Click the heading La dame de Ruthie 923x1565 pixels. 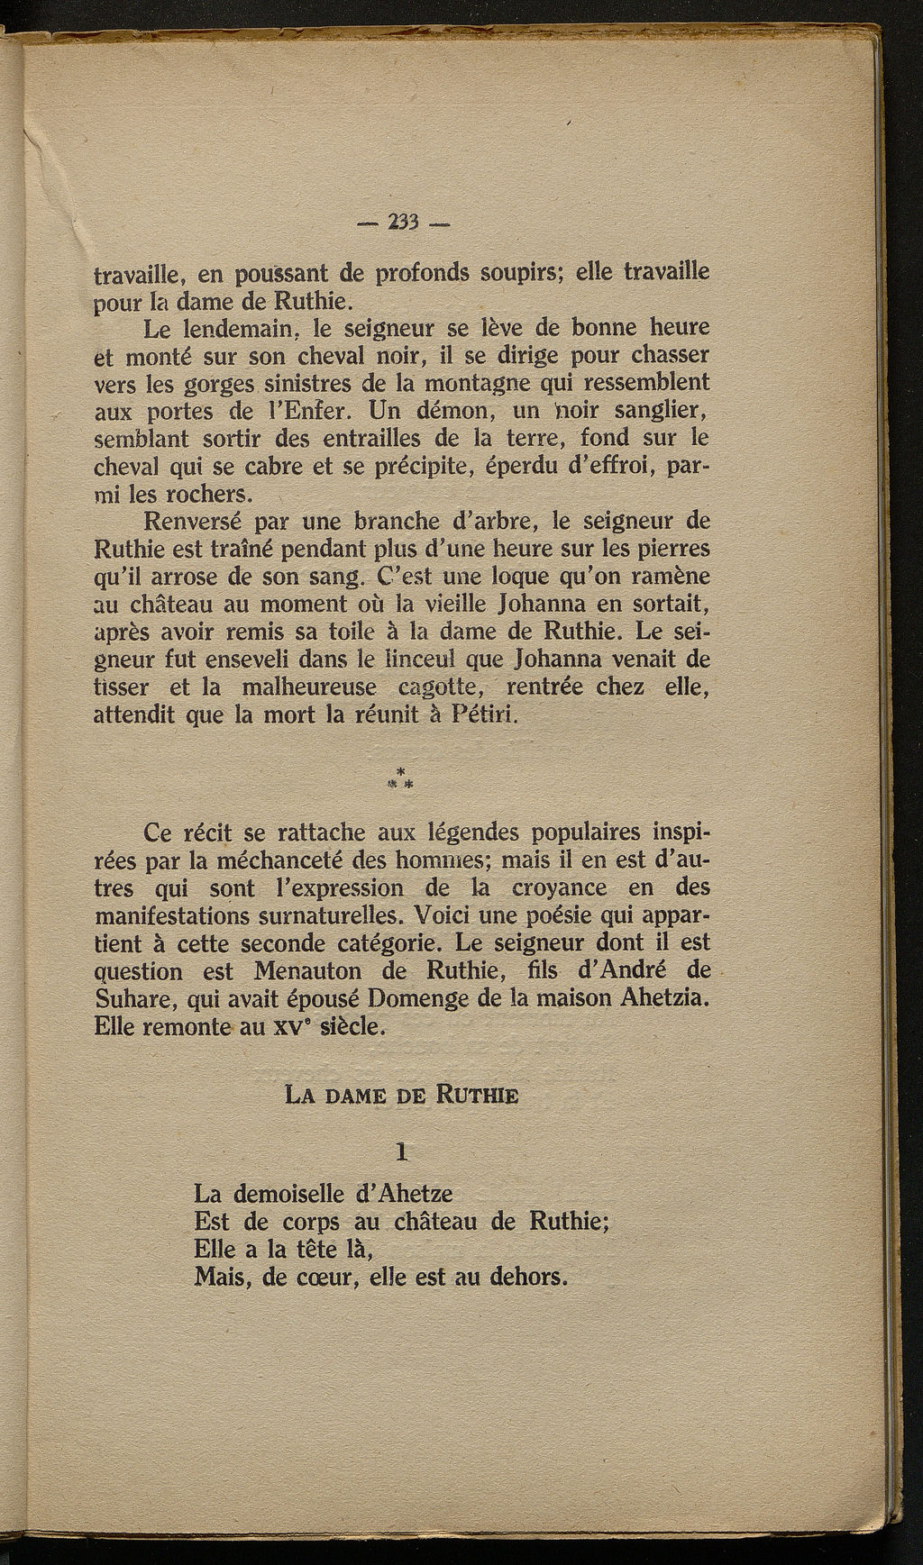401,1096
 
